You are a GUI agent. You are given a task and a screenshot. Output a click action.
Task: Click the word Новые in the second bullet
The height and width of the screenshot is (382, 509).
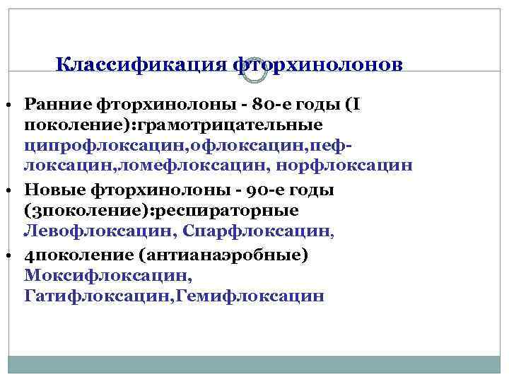tap(52, 190)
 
